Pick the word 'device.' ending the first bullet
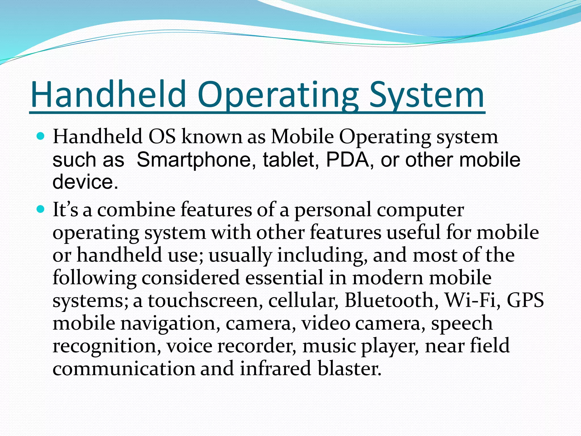(x=85, y=182)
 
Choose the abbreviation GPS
(x=525, y=300)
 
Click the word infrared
(x=275, y=368)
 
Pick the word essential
(x=284, y=278)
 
